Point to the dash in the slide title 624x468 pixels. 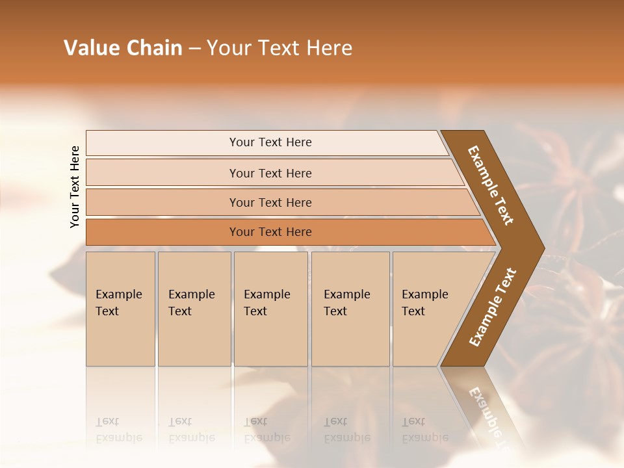click(x=194, y=49)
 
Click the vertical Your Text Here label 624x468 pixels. click(x=75, y=187)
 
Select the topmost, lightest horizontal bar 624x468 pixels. click(x=270, y=142)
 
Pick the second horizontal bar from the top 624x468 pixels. click(x=270, y=173)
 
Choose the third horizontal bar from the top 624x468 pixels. click(x=270, y=202)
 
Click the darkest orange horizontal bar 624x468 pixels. click(x=270, y=232)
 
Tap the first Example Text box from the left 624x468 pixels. click(x=120, y=308)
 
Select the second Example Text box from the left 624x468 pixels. click(x=194, y=308)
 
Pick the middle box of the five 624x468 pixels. click(x=270, y=308)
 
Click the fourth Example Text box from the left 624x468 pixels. click(x=350, y=308)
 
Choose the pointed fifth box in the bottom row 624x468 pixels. click(x=429, y=308)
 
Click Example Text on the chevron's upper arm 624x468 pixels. click(x=491, y=185)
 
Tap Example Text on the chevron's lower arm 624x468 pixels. click(x=492, y=307)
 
